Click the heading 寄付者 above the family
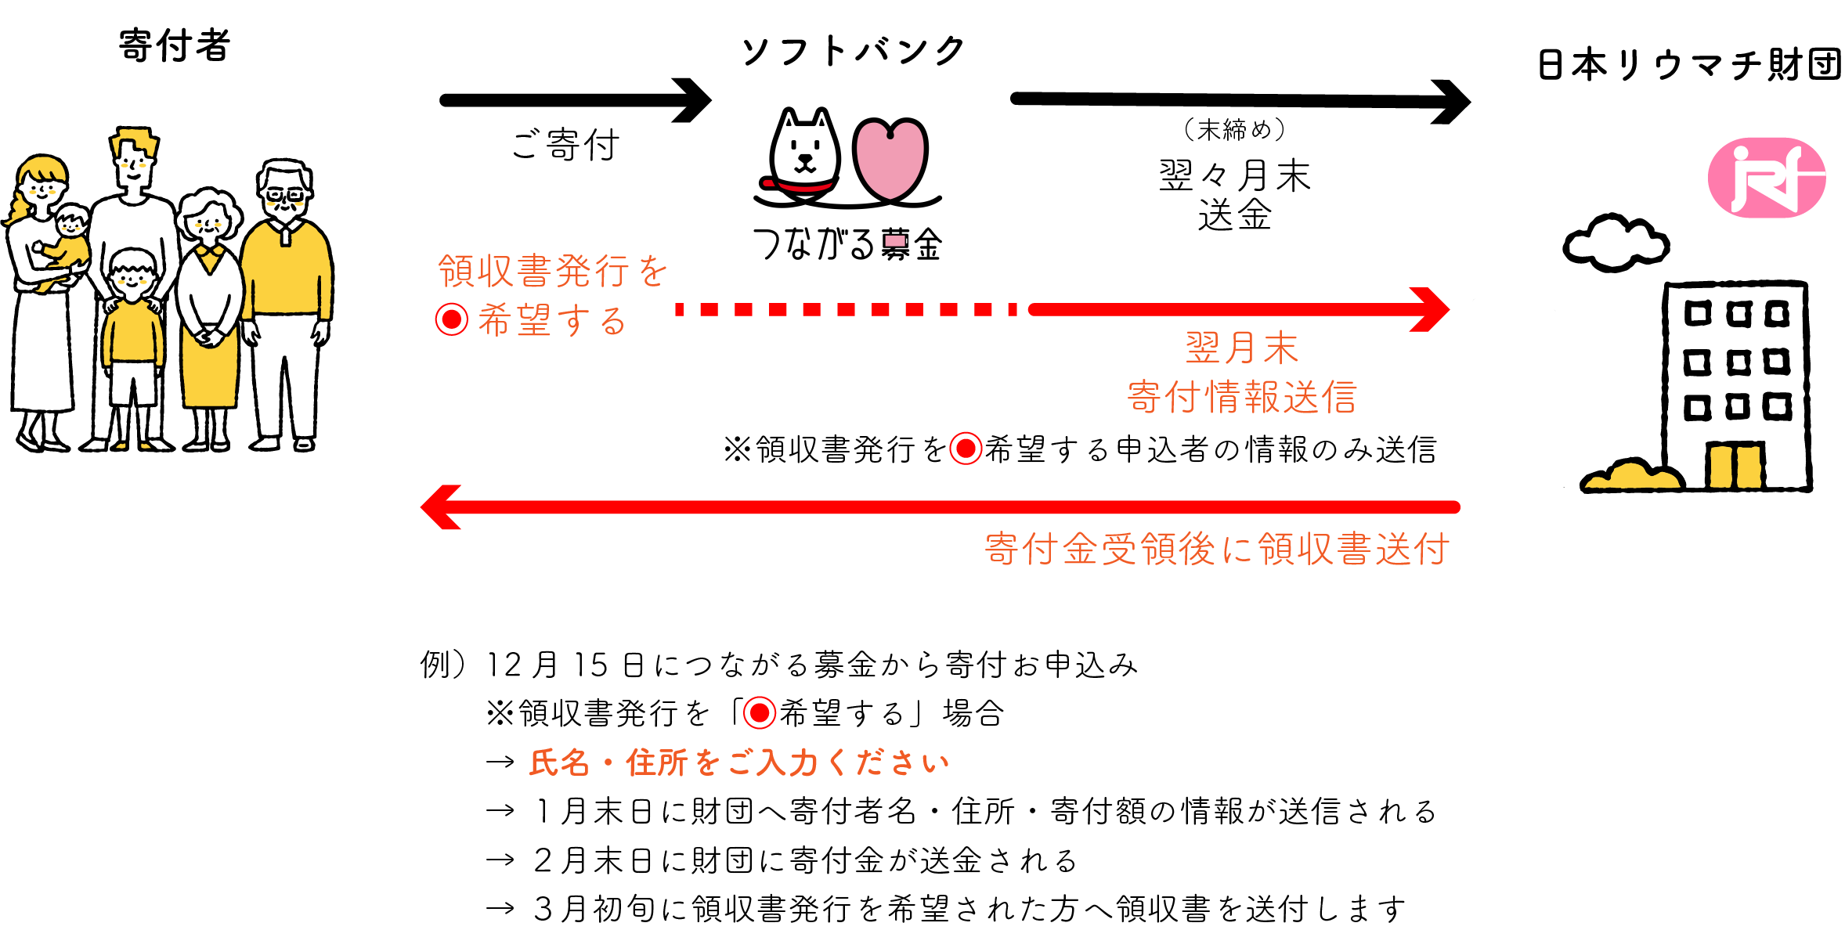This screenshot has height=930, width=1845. [174, 45]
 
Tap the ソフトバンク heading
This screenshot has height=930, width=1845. [854, 52]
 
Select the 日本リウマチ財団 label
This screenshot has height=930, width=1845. [1688, 64]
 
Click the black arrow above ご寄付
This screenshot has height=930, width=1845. [576, 100]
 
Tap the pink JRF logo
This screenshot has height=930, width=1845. [1767, 178]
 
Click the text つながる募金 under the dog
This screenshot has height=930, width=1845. [847, 244]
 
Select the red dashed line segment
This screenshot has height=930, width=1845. [846, 310]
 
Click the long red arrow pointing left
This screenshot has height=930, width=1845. [940, 507]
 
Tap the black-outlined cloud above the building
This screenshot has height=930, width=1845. [1616, 243]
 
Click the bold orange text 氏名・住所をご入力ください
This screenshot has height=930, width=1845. [739, 762]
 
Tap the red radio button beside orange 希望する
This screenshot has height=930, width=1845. [452, 319]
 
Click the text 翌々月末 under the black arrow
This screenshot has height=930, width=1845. [1234, 175]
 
